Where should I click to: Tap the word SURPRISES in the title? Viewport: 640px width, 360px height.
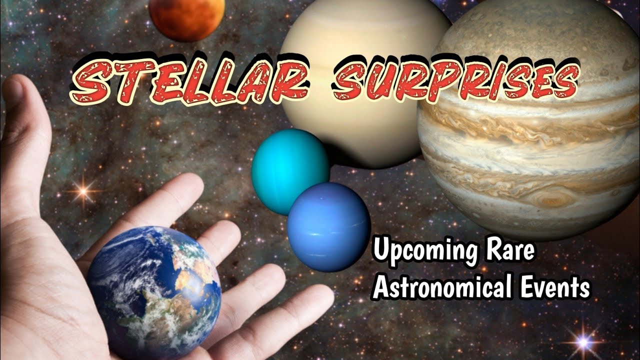[455, 80]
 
